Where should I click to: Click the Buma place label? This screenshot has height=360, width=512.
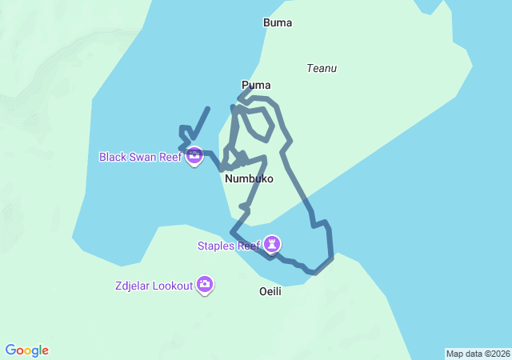[278, 23]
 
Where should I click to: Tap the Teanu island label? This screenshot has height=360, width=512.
[322, 69]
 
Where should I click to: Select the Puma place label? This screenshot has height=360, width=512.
[256, 85]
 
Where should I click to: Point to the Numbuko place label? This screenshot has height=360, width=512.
[249, 179]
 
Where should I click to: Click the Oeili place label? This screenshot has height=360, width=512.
[270, 291]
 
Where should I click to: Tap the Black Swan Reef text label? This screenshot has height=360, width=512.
[141, 157]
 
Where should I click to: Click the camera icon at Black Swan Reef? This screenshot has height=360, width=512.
[194, 157]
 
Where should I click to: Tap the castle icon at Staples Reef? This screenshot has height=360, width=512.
[274, 243]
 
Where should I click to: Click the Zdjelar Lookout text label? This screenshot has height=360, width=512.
[154, 286]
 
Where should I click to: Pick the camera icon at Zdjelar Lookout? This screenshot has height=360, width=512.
[205, 285]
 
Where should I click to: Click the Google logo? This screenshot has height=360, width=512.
[27, 350]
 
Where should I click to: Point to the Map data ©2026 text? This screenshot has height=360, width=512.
[478, 354]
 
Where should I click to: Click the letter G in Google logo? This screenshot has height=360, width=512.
[10, 350]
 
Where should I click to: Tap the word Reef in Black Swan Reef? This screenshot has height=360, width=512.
[170, 157]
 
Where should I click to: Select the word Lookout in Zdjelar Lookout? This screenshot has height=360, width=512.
[173, 286]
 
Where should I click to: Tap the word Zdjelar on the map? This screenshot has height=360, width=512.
[133, 286]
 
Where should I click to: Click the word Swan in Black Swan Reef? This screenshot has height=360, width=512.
[142, 157]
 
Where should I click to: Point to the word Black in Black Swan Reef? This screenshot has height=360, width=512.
[113, 157]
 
